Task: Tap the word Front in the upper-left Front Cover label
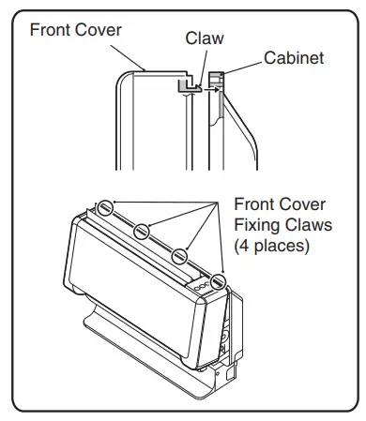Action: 52,29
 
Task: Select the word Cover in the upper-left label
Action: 99,29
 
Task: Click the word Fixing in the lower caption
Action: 257,228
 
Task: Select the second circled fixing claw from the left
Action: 143,230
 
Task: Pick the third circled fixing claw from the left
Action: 181,255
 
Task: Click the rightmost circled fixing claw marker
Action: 219,279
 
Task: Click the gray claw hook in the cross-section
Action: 187,86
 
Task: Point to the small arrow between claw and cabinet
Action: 206,91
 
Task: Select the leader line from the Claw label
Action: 199,62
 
